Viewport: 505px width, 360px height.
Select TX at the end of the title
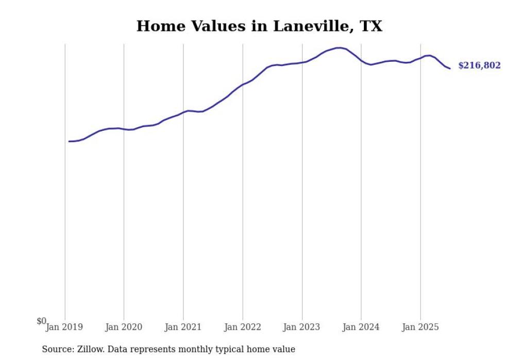[372, 26]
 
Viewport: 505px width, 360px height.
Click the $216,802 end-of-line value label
[479, 65]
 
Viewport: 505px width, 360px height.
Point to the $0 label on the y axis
[41, 321]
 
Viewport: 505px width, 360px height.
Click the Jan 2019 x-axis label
[64, 327]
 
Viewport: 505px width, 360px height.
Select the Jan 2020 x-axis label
[124, 327]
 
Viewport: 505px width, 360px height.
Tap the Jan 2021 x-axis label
[183, 327]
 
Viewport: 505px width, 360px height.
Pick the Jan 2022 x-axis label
[243, 327]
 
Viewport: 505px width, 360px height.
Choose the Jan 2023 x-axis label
[302, 327]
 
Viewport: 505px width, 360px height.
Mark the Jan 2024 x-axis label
[361, 327]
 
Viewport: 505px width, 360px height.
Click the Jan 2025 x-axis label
[420, 327]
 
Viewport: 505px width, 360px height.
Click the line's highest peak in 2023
[339, 48]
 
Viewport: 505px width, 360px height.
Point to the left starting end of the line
[69, 141]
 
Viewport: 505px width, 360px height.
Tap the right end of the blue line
[450, 68]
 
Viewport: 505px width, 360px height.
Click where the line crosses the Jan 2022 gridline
[243, 84]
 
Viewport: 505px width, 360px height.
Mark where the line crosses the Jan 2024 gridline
[361, 61]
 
